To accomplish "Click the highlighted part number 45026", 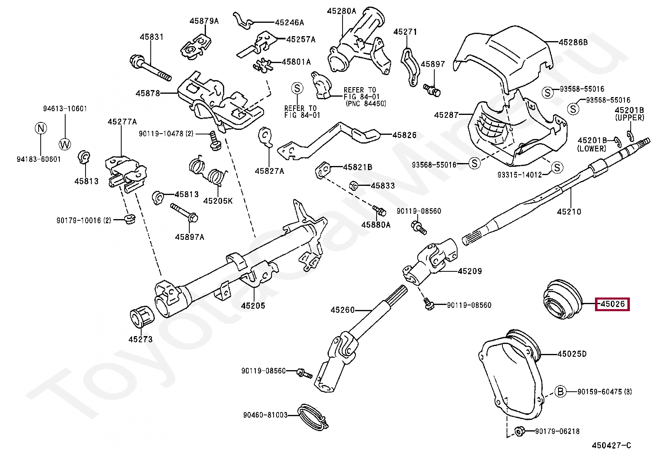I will pos(613,304).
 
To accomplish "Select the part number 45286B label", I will pos(573,42).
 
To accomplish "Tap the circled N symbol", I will pos(41,128).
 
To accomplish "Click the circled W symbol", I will pos(65,144).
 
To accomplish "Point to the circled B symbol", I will pos(561,391).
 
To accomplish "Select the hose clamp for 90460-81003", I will pos(312,416).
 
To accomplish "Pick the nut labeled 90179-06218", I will pos(518,431).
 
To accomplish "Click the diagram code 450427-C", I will pos(611,446).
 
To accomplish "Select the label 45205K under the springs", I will pos(218,201).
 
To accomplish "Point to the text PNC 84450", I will pos(366,104).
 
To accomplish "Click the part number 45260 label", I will pos(343,310).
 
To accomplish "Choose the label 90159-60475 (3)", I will pos(605,392).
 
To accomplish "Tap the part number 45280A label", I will pos(341,11).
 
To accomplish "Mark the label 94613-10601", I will pos(65,109).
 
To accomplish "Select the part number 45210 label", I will pos(569,212).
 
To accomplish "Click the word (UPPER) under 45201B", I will pos(629,118).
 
